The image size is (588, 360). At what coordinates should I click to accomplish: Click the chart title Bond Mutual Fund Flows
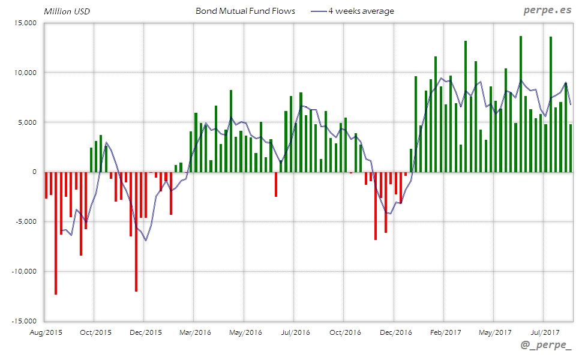point(245,11)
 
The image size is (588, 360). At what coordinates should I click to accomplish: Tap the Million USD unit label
point(67,11)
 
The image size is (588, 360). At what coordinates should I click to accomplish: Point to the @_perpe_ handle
point(547,347)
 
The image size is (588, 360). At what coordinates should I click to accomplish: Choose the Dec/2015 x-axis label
point(145,331)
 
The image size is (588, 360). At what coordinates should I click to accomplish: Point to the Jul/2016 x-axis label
point(295,331)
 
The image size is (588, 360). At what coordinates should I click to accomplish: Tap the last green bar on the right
point(571,148)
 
